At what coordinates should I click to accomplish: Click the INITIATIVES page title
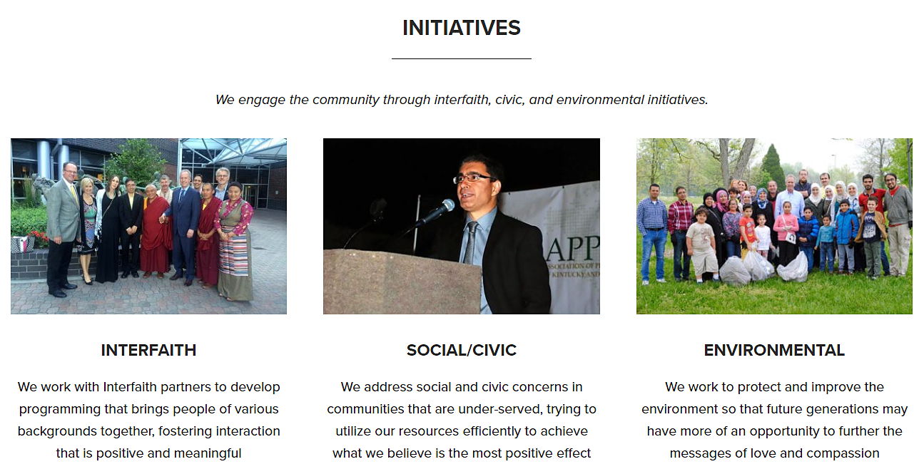[x=461, y=28]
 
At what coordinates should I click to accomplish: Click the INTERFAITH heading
[x=148, y=350]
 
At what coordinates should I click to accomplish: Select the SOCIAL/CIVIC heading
[x=461, y=350]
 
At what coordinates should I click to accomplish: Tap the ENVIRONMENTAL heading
[x=774, y=350]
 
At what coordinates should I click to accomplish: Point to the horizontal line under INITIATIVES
[x=461, y=59]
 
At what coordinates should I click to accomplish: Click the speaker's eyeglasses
[x=474, y=178]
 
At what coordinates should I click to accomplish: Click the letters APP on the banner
[x=574, y=249]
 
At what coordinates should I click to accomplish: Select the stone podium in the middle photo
[x=402, y=282]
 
